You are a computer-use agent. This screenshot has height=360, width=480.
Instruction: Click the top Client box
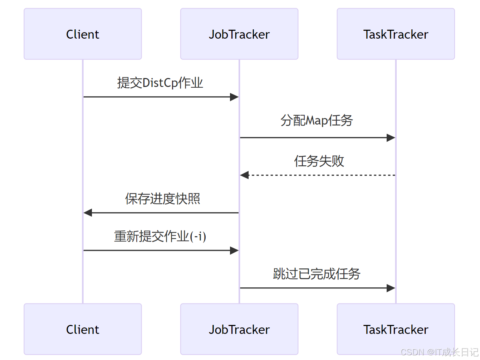(x=83, y=34)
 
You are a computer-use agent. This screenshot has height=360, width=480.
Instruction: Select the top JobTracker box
(x=239, y=34)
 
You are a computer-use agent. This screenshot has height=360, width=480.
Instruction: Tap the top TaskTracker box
(x=396, y=34)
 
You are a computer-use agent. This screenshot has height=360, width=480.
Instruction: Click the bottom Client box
(x=83, y=329)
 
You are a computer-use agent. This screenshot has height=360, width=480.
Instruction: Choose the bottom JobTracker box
(x=239, y=329)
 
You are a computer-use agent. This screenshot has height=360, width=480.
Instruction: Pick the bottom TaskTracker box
(x=396, y=329)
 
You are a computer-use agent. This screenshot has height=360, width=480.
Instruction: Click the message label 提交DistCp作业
(x=160, y=83)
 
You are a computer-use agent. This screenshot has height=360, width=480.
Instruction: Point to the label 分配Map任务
(x=317, y=121)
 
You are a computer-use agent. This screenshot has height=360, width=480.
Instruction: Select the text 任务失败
(x=319, y=161)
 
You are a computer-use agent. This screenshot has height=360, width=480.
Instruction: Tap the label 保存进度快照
(x=162, y=199)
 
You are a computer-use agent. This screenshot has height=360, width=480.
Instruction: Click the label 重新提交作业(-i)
(x=160, y=237)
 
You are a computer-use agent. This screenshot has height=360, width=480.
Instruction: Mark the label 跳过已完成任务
(x=317, y=274)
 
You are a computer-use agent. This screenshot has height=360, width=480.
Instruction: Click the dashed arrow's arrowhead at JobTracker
(x=244, y=175)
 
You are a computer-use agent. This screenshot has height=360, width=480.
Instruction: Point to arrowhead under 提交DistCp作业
(x=234, y=97)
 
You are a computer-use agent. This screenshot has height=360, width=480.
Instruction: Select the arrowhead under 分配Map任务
(x=391, y=138)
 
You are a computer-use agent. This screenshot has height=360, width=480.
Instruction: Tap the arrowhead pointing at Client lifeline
(x=88, y=213)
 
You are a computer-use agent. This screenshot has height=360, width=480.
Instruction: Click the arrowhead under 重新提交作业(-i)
(x=234, y=250)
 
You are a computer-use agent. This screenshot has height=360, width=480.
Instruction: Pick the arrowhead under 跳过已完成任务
(x=391, y=288)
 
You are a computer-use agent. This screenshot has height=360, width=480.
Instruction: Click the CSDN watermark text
(x=439, y=352)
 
